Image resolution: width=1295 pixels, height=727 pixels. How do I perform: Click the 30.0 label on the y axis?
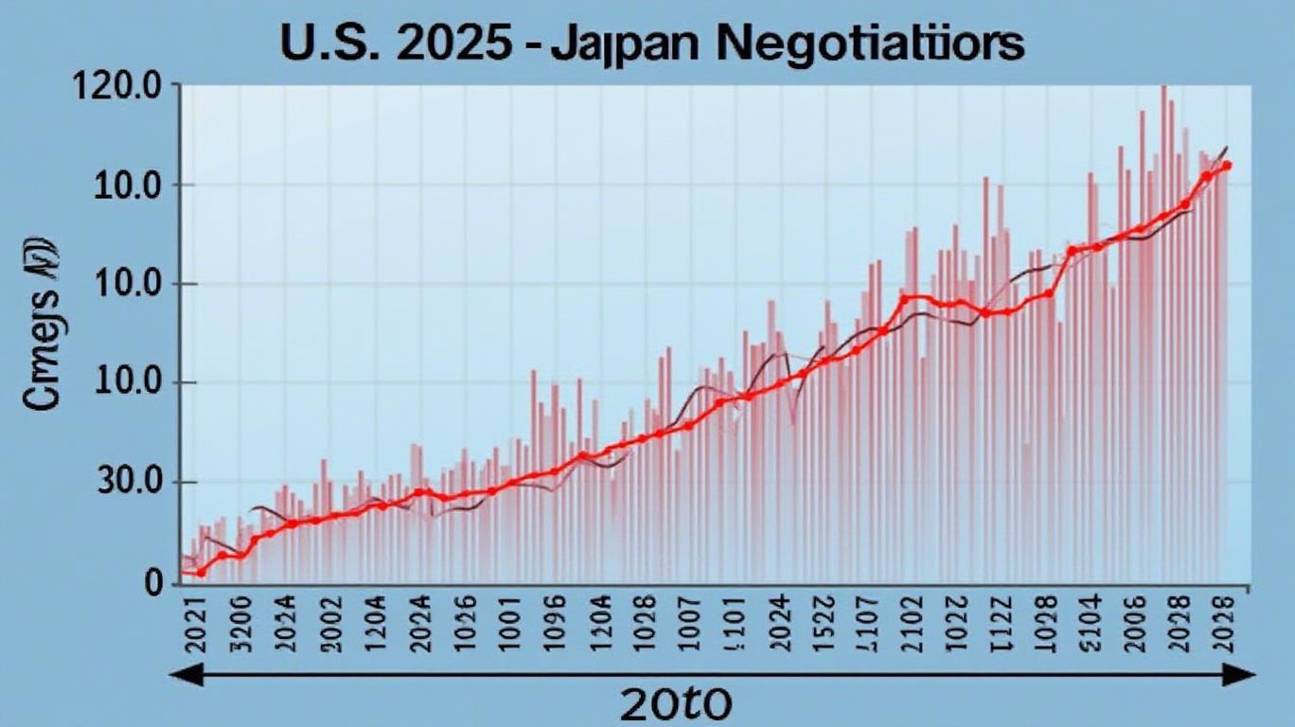click(x=129, y=484)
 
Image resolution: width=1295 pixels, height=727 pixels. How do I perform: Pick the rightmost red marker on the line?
click(x=1227, y=166)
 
